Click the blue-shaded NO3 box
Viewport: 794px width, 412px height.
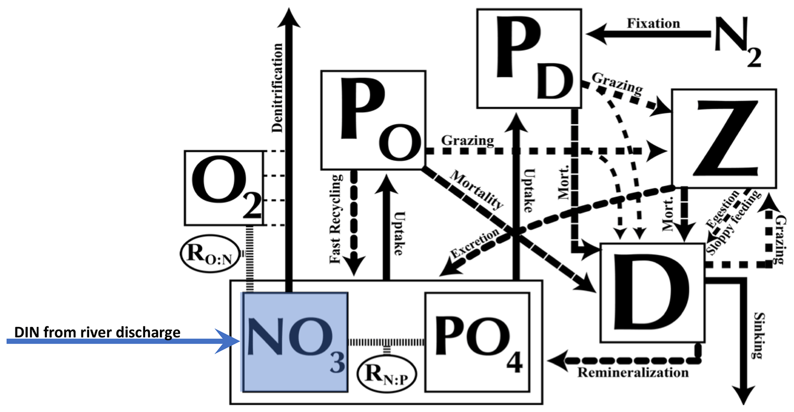click(295, 342)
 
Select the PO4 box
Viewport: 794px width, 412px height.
click(477, 342)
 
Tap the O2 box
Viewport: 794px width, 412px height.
click(224, 188)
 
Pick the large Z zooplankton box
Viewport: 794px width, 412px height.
click(724, 139)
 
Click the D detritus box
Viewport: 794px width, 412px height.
click(652, 293)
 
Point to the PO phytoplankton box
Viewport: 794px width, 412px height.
click(373, 120)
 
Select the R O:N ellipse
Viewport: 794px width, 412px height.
click(210, 254)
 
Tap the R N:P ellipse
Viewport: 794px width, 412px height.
click(386, 374)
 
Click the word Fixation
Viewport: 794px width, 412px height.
click(653, 24)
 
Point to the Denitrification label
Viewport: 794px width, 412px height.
click(277, 88)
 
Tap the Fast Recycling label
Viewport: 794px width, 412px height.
click(335, 219)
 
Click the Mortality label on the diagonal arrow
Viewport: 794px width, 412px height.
click(476, 189)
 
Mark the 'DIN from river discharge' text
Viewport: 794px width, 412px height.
click(97, 332)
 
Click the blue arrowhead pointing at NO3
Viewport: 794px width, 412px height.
click(229, 341)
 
